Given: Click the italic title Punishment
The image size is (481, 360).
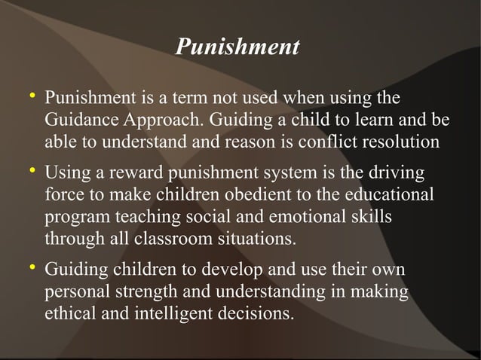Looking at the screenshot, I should (x=237, y=47).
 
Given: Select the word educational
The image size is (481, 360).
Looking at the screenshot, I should (x=389, y=196).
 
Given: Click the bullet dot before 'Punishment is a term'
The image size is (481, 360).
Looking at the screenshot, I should (x=31, y=97).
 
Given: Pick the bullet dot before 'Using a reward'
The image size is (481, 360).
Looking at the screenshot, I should (x=31, y=173).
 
